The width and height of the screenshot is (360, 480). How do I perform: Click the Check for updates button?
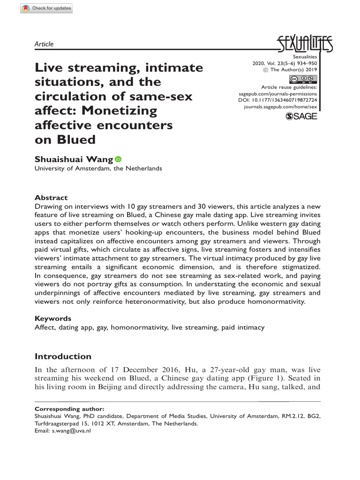[x=47, y=8]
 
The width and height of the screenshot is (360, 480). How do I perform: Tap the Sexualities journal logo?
[x=305, y=44]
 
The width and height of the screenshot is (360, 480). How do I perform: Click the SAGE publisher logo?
[x=301, y=116]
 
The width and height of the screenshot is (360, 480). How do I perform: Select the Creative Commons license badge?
[x=303, y=79]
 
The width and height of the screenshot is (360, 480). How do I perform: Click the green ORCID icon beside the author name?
[x=118, y=159]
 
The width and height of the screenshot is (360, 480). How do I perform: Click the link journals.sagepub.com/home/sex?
[x=281, y=107]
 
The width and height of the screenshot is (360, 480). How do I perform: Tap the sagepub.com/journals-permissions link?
[x=278, y=94]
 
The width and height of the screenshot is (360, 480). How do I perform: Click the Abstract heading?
[x=51, y=198]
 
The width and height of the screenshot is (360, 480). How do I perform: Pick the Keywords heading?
[x=53, y=318]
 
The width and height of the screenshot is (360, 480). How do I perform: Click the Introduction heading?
[x=63, y=356]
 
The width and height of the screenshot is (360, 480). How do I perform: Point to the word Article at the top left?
[x=44, y=44]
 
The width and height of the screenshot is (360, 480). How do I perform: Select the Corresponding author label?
[x=70, y=409]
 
